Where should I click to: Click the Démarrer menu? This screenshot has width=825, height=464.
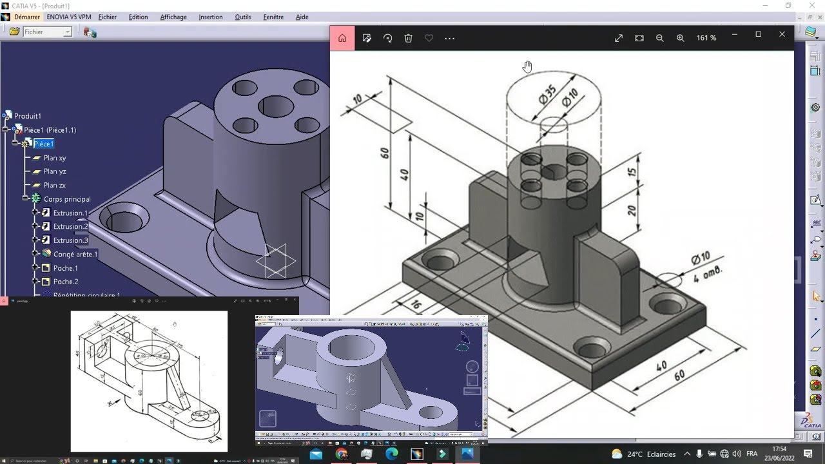click(26, 17)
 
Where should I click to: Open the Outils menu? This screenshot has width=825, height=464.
click(243, 17)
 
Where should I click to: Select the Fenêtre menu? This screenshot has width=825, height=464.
click(273, 17)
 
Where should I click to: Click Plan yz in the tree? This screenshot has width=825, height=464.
click(55, 171)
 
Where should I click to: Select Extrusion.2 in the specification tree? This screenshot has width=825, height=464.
click(70, 226)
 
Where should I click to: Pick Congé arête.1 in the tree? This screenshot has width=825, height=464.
click(75, 254)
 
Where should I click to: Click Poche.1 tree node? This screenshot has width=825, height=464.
click(65, 268)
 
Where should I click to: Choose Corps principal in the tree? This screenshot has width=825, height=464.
click(67, 199)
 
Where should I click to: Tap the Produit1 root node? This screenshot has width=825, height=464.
click(28, 116)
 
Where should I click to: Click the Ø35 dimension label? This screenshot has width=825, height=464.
click(547, 95)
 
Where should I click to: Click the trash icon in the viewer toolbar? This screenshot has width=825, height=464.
click(408, 38)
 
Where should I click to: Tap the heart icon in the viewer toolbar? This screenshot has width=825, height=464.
click(429, 38)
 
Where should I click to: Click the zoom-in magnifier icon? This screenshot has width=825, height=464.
click(680, 38)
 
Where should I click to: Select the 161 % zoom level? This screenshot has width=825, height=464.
click(706, 38)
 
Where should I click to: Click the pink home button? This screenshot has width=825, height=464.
click(342, 38)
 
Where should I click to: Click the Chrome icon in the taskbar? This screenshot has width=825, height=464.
click(341, 454)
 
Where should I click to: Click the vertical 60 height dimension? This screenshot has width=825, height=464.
click(385, 153)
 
